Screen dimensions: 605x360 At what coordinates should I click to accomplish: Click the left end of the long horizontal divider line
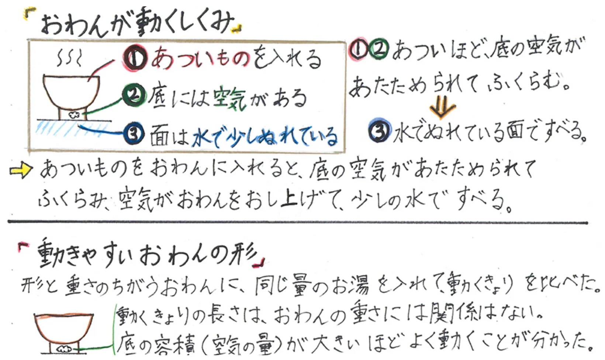[x=8, y=222]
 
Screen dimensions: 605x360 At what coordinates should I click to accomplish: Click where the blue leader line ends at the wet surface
[x=78, y=125]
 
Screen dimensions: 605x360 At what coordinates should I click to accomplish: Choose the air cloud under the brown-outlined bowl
[x=64, y=349]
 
